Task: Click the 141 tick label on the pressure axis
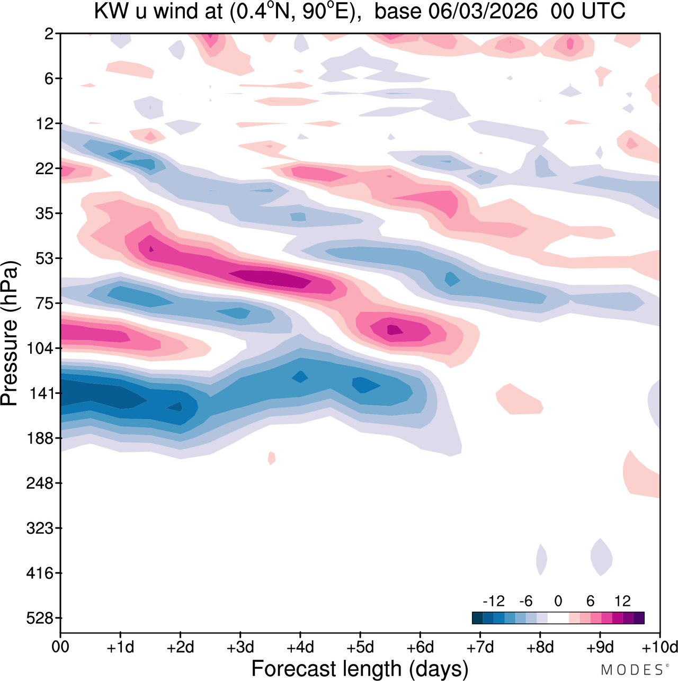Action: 40,393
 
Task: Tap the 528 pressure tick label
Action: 40,619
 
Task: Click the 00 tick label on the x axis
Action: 60,647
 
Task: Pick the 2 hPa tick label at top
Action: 49,34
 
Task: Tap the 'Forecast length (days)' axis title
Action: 360,669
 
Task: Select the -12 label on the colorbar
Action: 493,601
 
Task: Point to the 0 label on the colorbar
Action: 558,601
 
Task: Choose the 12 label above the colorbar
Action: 622,601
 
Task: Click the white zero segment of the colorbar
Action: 558,617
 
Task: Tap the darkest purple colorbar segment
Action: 639,617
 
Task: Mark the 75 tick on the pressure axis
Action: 43,303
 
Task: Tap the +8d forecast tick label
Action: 540,647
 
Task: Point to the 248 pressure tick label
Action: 40,483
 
